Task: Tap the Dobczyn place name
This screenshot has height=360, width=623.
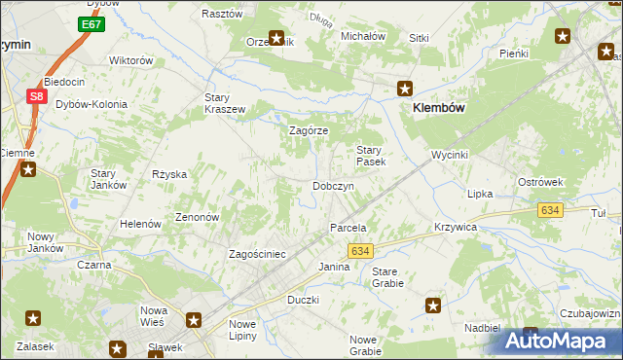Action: click(x=332, y=186)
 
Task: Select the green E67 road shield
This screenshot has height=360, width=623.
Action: click(x=92, y=23)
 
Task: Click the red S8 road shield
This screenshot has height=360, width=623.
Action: click(x=36, y=96)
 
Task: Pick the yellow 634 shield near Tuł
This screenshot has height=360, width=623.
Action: click(x=550, y=210)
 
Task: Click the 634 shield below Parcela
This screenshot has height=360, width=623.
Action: click(x=359, y=251)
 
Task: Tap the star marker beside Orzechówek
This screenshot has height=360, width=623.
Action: click(x=277, y=39)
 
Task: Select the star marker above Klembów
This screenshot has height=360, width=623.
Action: click(x=405, y=89)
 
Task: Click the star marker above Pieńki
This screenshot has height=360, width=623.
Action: click(x=563, y=37)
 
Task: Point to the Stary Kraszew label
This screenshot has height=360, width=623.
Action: click(x=224, y=103)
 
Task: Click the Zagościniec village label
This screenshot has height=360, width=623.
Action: click(x=257, y=254)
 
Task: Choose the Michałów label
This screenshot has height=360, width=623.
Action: click(x=363, y=36)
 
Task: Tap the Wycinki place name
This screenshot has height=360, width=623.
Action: click(x=451, y=155)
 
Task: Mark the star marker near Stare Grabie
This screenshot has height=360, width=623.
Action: click(x=433, y=306)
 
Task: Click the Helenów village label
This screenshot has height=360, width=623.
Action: click(x=140, y=224)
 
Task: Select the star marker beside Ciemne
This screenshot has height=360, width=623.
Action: click(x=28, y=171)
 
